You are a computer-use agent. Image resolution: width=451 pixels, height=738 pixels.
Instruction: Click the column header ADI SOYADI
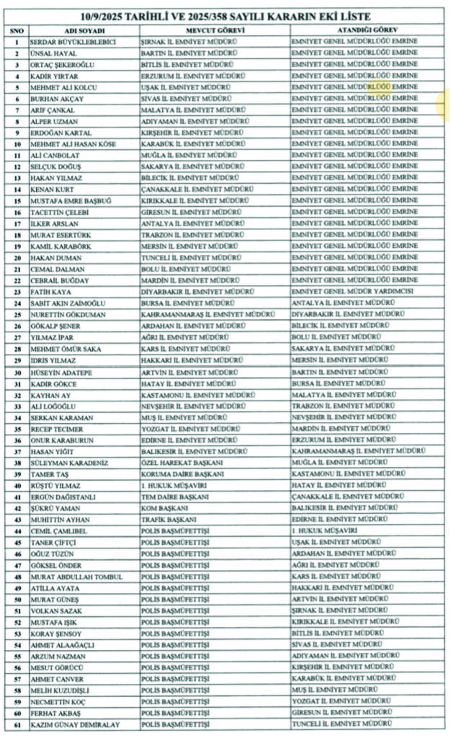pos(84,30)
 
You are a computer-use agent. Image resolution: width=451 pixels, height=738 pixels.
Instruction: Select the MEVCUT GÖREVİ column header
pos(215,30)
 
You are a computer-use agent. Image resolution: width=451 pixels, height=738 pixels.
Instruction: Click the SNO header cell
pos(15,30)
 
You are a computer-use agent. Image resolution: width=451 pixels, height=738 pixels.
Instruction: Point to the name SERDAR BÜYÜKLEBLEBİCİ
pos(72,42)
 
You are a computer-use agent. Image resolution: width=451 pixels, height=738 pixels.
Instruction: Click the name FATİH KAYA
pos(50,291)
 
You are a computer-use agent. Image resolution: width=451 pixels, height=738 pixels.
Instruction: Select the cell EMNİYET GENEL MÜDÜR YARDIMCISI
pos(352,291)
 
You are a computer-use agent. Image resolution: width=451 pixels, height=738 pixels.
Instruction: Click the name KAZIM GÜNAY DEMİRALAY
pos(75,724)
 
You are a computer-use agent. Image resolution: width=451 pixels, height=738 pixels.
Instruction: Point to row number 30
pos(15,371)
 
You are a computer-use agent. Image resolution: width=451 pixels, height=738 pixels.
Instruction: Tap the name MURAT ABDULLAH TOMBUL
pos(76,577)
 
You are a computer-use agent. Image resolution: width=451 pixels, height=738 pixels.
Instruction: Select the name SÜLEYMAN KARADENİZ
pos(69,462)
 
